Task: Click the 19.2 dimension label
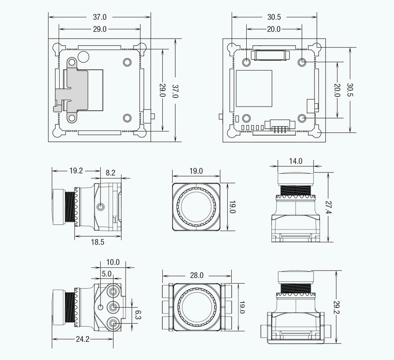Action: [76, 171]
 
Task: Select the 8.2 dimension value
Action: [111, 173]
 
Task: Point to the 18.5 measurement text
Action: [97, 242]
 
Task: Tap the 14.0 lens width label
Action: [295, 161]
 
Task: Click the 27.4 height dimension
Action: [328, 207]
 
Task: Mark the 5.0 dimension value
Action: [107, 273]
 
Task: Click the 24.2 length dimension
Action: [83, 339]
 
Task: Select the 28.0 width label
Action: [197, 275]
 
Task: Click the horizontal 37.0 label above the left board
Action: [100, 17]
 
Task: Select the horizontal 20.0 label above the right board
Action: [274, 29]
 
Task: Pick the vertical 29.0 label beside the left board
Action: [162, 90]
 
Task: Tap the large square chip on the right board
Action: [254, 89]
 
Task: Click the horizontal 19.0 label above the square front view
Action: [196, 171]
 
